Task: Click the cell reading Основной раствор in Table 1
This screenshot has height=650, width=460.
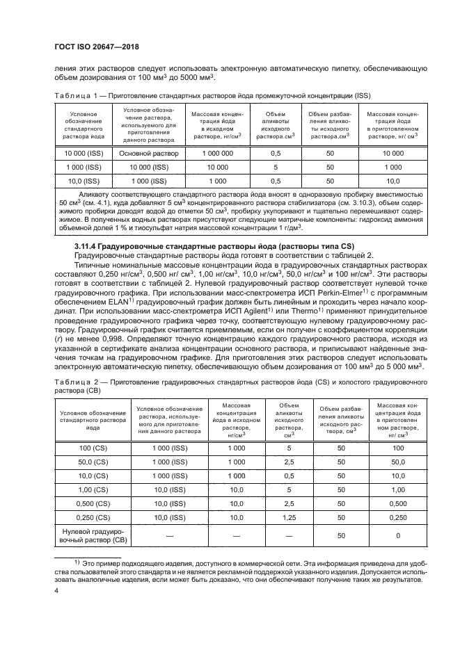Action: pos(149,153)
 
